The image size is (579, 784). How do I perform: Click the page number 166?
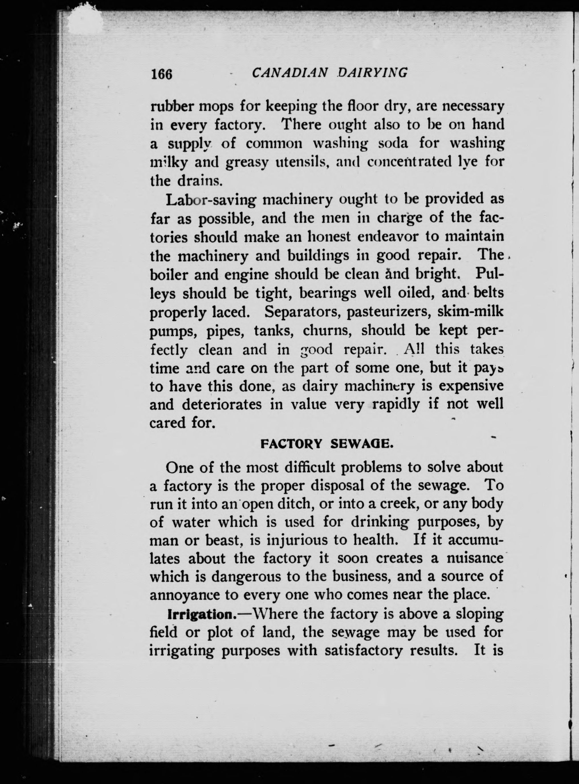point(162,74)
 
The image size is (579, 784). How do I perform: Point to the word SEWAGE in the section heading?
point(362,444)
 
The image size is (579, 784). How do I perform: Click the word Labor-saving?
point(212,200)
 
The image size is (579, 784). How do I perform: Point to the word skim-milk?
point(470,311)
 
